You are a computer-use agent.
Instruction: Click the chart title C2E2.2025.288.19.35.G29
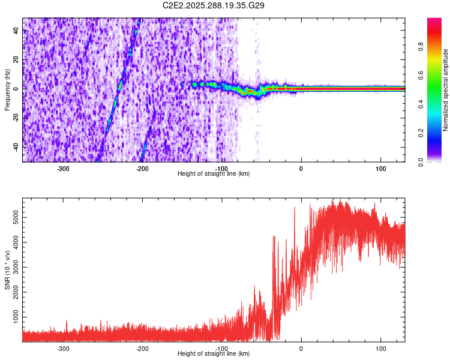(214, 5)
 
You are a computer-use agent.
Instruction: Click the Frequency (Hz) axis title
(7, 90)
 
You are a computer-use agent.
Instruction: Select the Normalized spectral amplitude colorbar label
(446, 90)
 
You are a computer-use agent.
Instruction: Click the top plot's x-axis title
(214, 173)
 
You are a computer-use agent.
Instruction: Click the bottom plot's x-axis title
(214, 353)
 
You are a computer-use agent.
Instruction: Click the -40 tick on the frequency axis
(15, 147)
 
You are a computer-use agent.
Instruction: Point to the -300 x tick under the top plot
(64, 169)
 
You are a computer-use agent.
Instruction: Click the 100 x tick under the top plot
(380, 169)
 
